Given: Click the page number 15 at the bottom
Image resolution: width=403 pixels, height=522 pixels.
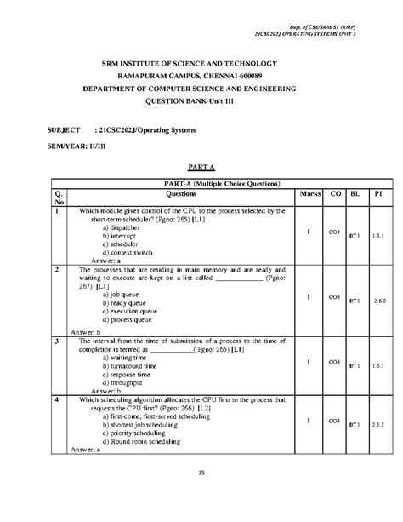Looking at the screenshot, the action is click(201, 473).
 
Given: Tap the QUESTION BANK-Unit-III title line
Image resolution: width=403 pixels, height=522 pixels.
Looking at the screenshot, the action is click(201, 100).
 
